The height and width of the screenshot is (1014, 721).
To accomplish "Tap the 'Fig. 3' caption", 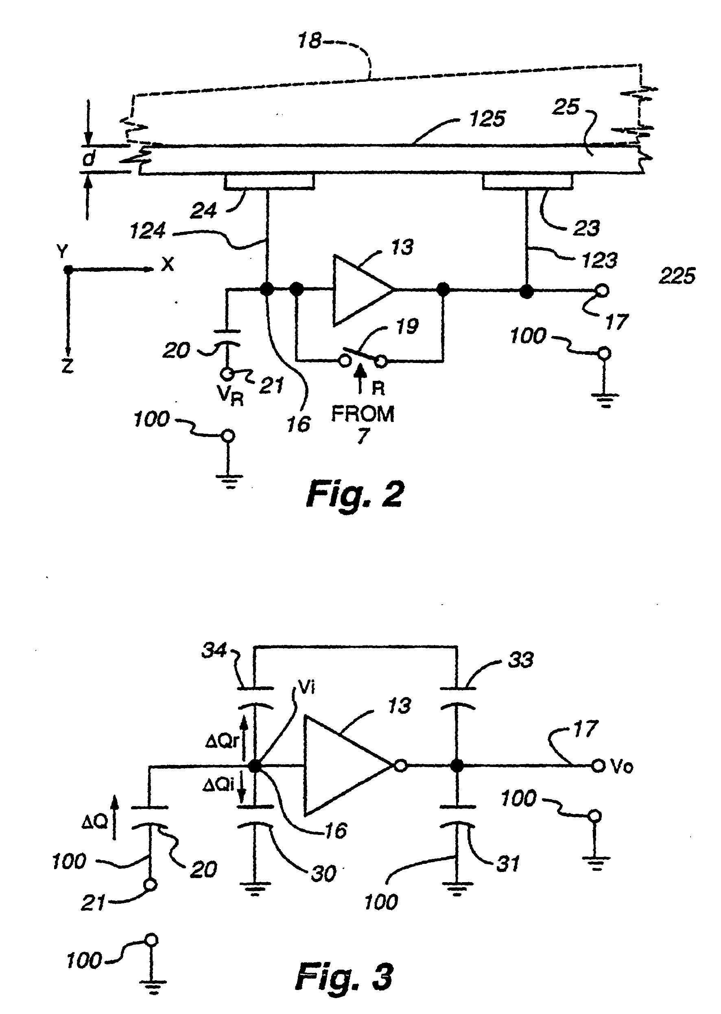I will (344, 977).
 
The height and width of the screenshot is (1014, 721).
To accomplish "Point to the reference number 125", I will (487, 119).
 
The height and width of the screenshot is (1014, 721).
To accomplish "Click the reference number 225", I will (677, 276).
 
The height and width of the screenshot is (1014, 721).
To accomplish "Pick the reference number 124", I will (147, 231).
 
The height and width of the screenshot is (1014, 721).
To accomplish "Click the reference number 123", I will (599, 260).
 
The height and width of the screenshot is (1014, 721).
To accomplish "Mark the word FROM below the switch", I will (363, 414).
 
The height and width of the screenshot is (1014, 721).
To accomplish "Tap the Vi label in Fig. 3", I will (307, 688).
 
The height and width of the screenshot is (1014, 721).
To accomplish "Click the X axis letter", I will (167, 264).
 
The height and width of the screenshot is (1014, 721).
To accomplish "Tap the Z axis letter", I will (68, 366).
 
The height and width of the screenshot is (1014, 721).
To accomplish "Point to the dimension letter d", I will (89, 159).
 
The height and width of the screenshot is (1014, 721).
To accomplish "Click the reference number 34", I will (214, 650).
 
